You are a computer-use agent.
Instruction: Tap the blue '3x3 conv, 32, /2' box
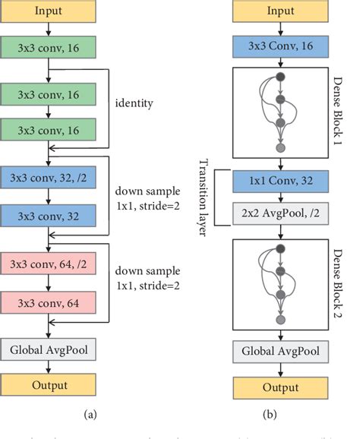(x=48, y=179)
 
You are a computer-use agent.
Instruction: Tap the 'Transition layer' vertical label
(x=204, y=195)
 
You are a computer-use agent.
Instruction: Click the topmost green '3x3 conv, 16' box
(x=48, y=47)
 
